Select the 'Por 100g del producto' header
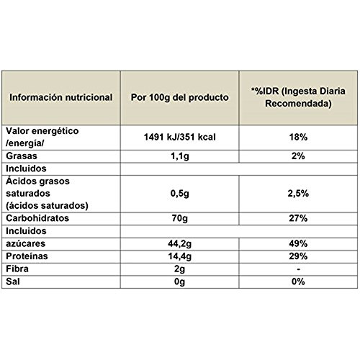[180, 96]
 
